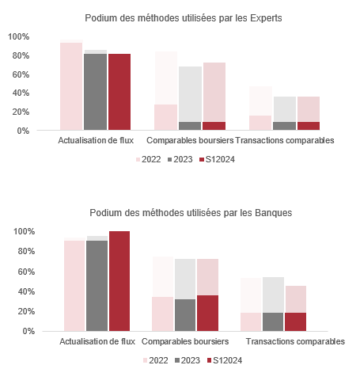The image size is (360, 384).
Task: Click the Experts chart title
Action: click(184, 18)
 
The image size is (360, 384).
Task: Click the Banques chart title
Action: click(191, 213)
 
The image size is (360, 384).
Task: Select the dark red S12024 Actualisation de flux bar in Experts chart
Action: click(119, 92)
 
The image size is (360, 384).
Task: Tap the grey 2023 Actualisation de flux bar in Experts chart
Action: click(96, 92)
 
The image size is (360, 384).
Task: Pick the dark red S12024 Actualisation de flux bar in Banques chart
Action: click(119, 281)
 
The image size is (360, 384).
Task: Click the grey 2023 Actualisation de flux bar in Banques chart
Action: click(97, 286)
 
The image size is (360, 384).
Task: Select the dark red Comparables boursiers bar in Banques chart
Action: click(207, 313)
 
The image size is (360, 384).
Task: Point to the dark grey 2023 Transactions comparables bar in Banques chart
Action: click(273, 321)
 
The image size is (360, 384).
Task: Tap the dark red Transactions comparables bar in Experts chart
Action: click(309, 126)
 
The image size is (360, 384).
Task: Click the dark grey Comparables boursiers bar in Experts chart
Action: click(190, 126)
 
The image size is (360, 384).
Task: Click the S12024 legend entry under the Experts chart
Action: click(217, 159)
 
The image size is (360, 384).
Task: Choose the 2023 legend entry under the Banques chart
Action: click(188, 360)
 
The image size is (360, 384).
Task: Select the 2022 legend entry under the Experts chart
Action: click(148, 159)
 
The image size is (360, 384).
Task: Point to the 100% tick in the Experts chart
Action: click(18, 36)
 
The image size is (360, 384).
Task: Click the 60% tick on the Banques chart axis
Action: click(26, 272)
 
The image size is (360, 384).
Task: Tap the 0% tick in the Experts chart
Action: click(23, 131)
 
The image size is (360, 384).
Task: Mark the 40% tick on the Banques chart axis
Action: click(26, 291)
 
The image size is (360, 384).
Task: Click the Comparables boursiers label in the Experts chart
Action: click(190, 140)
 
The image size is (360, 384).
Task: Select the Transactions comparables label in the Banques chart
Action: click(295, 341)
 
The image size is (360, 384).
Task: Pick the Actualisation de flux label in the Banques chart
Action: click(97, 341)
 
